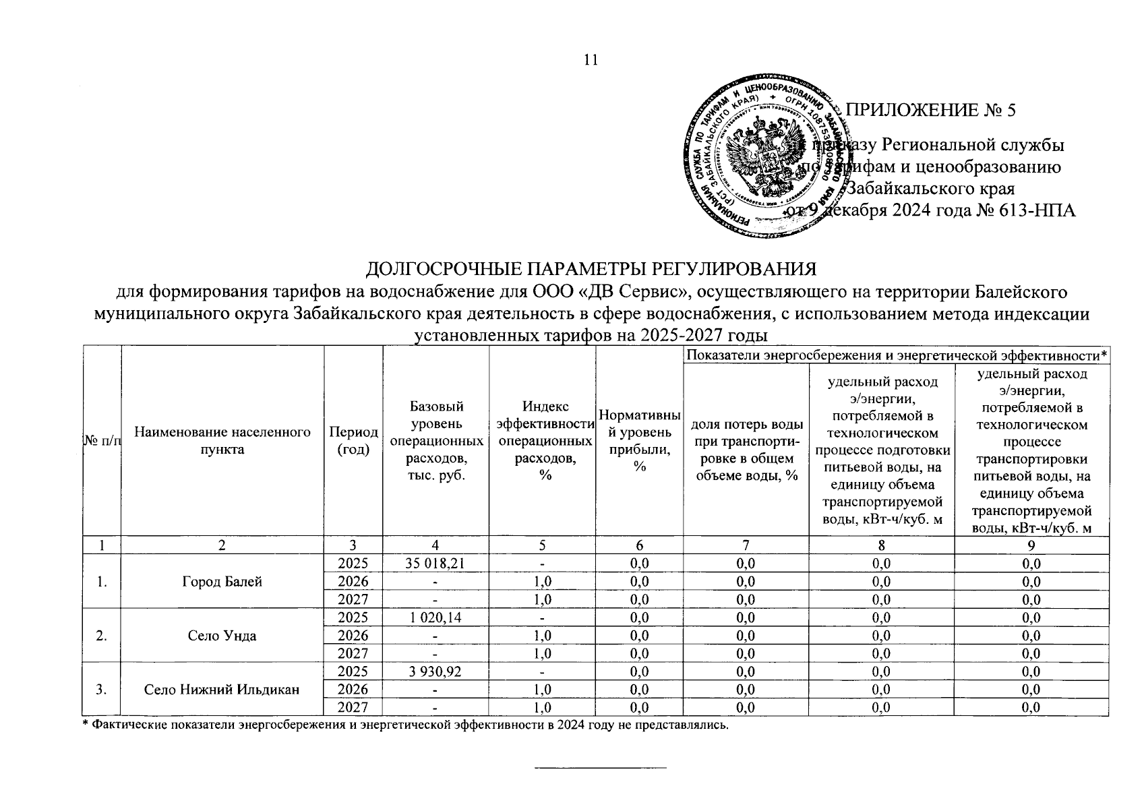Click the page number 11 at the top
pyautogui.click(x=591, y=60)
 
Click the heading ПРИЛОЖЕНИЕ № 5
pyautogui.click(x=930, y=111)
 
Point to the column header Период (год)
pyautogui.click(x=353, y=441)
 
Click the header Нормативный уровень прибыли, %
pyautogui.click(x=639, y=441)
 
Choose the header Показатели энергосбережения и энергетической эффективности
pyautogui.click(x=897, y=355)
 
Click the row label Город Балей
pyautogui.click(x=222, y=581)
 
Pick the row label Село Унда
pyautogui.click(x=222, y=635)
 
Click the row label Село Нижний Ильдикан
pyautogui.click(x=222, y=689)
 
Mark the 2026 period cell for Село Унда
pyautogui.click(x=353, y=635)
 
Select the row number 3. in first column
pyautogui.click(x=100, y=689)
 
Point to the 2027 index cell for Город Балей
pyautogui.click(x=542, y=599)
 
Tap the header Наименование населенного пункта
pyautogui.click(x=222, y=441)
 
